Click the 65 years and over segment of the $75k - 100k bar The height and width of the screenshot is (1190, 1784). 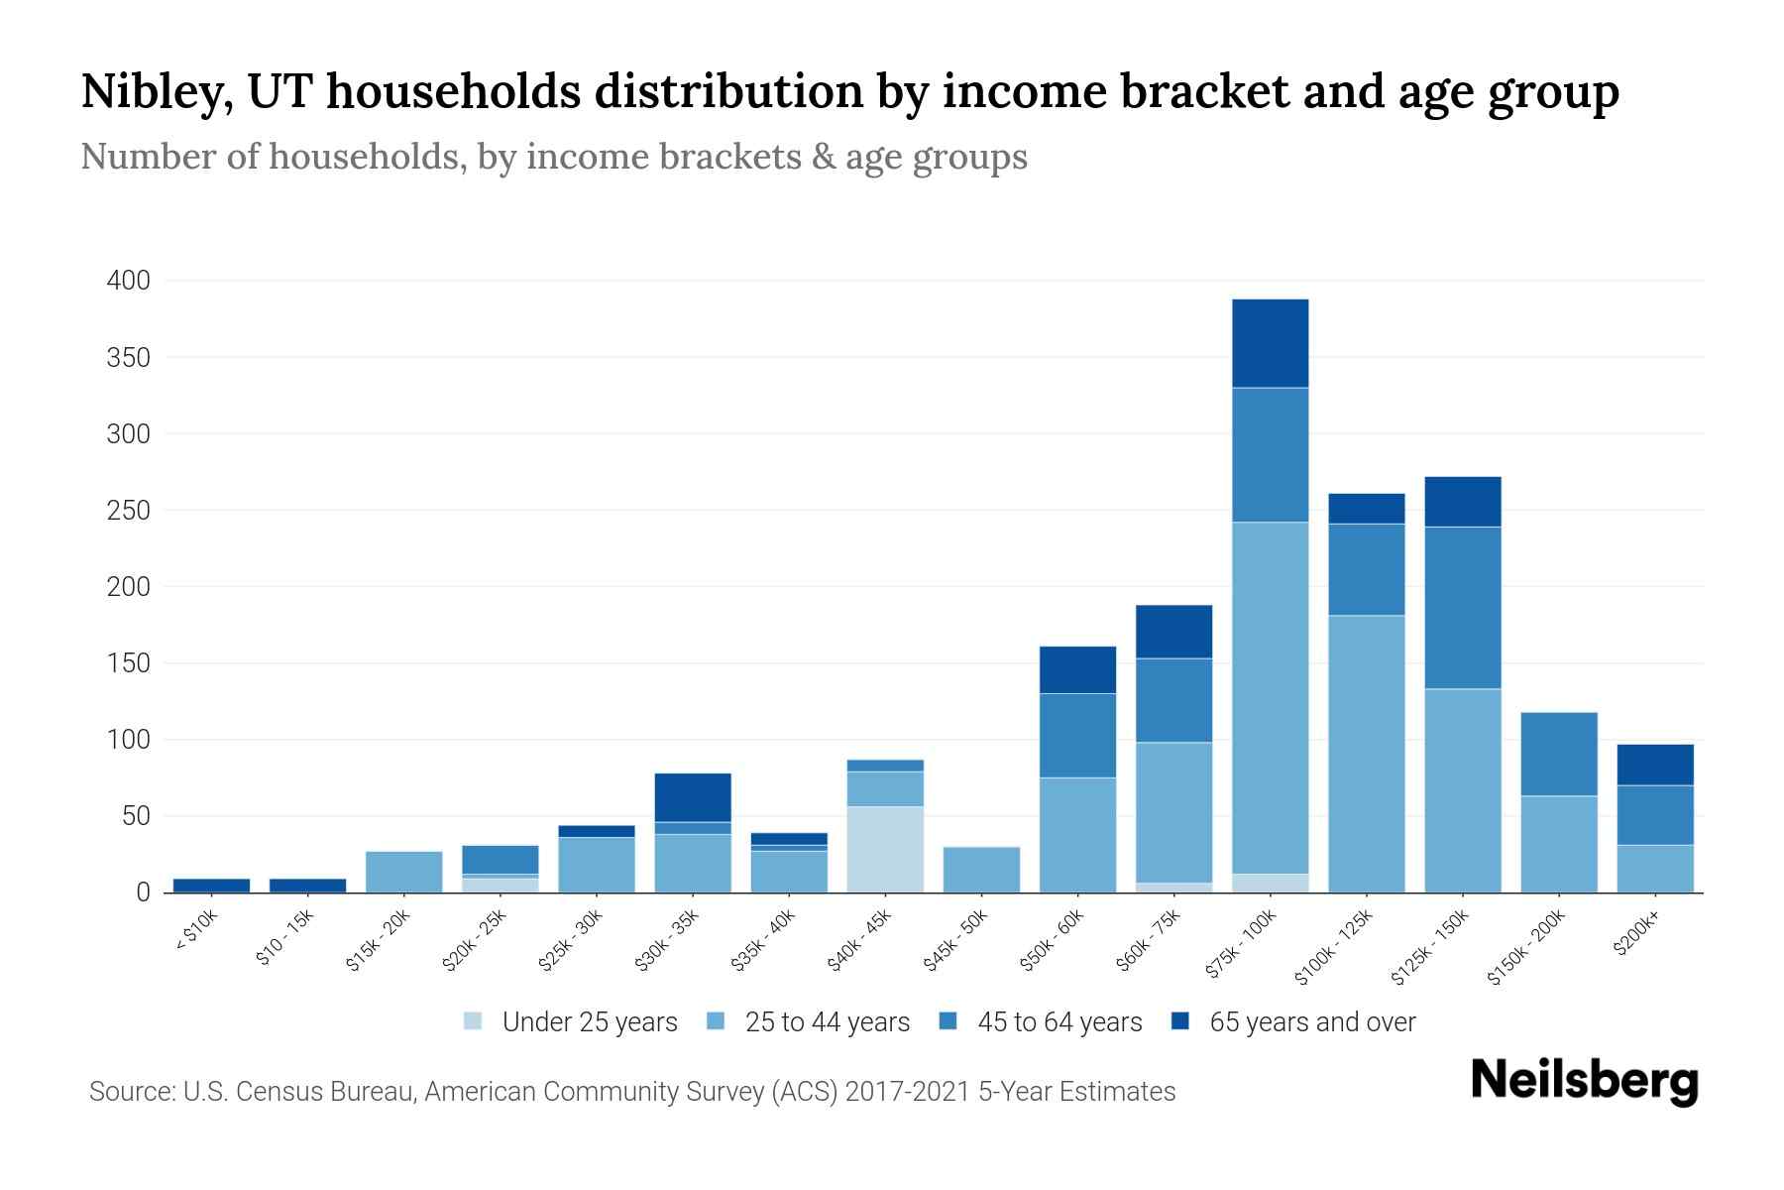[1270, 343]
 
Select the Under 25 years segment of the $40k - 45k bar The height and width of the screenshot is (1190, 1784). [885, 849]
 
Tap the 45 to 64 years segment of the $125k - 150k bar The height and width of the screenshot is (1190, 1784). [1462, 607]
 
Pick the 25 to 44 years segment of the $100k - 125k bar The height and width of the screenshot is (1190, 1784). [1366, 754]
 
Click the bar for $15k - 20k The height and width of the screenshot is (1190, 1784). [403, 872]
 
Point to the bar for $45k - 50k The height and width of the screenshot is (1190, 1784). [981, 870]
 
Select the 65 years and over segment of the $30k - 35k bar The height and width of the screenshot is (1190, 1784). [693, 797]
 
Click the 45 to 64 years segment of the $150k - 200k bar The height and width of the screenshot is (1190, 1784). [1558, 754]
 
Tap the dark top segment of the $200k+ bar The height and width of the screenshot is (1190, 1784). [1654, 765]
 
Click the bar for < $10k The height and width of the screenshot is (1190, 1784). [211, 886]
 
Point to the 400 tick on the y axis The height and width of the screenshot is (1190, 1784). [129, 281]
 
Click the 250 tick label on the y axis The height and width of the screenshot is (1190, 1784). [129, 511]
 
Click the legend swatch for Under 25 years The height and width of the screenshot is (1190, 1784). [473, 1021]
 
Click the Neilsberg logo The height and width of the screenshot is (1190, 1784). [1584, 1081]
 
